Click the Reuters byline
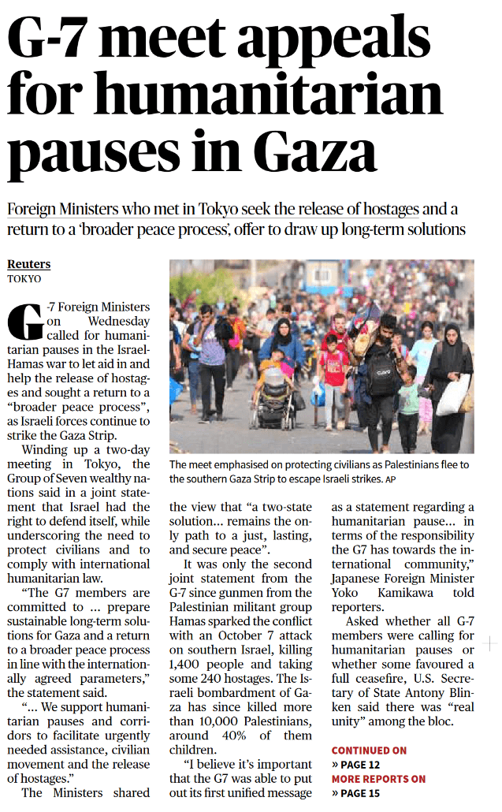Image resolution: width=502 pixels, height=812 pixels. coord(28,264)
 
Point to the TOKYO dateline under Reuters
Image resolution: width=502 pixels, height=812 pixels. coord(24,278)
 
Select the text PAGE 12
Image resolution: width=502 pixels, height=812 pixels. coord(360,765)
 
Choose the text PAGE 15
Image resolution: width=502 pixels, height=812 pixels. coord(360,793)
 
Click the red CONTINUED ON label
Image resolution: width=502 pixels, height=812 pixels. coord(369,751)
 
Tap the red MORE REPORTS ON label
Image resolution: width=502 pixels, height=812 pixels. coord(378,779)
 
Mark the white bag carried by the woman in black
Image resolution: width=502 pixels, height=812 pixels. coord(453,395)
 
